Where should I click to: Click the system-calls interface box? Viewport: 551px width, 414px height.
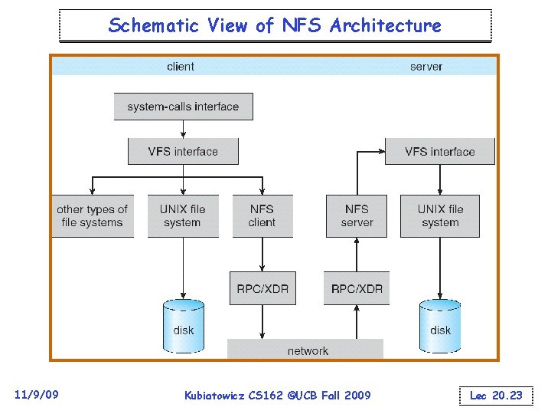pyautogui.click(x=183, y=107)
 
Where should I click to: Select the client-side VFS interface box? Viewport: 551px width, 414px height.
pyautogui.click(x=183, y=151)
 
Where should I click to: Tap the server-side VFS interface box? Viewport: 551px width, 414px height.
pyautogui.click(x=439, y=151)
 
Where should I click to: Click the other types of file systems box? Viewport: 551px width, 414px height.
pyautogui.click(x=92, y=215)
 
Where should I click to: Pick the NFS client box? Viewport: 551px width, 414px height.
pyautogui.click(x=262, y=215)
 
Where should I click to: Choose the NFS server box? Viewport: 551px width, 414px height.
pyautogui.click(x=357, y=215)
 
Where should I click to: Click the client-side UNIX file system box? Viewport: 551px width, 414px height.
pyautogui.click(x=182, y=215)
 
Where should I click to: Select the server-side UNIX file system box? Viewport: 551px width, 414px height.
pyautogui.click(x=440, y=215)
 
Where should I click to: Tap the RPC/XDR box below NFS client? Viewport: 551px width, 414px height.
pyautogui.click(x=262, y=288)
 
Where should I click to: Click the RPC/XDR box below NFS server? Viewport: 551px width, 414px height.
pyautogui.click(x=357, y=288)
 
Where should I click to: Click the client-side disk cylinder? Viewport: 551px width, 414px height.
pyautogui.click(x=184, y=326)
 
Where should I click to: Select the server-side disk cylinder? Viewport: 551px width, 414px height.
pyautogui.click(x=440, y=326)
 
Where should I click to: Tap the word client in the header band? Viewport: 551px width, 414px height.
pyautogui.click(x=181, y=67)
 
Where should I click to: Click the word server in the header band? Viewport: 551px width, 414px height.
pyautogui.click(x=426, y=67)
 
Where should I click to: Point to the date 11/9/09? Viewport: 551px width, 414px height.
pyautogui.click(x=36, y=395)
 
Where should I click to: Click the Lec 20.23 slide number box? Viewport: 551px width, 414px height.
pyautogui.click(x=496, y=396)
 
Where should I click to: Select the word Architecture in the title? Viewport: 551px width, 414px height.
pyautogui.click(x=386, y=25)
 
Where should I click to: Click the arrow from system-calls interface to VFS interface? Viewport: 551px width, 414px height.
pyautogui.click(x=183, y=129)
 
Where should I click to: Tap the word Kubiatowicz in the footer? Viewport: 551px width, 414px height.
pyautogui.click(x=217, y=396)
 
